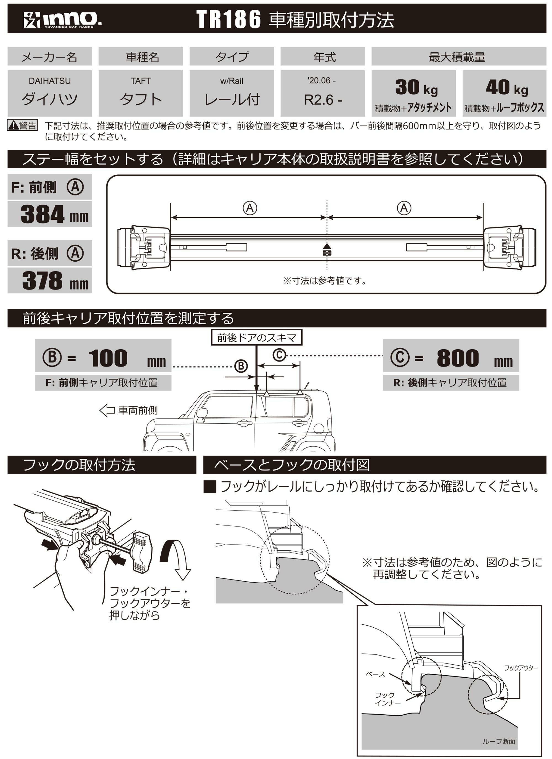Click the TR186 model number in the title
click(228, 19)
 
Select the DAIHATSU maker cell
click(50, 93)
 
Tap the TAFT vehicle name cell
click(140, 93)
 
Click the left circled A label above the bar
click(250, 208)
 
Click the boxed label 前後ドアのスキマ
click(256, 338)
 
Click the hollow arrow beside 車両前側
click(107, 410)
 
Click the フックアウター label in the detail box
click(521, 668)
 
